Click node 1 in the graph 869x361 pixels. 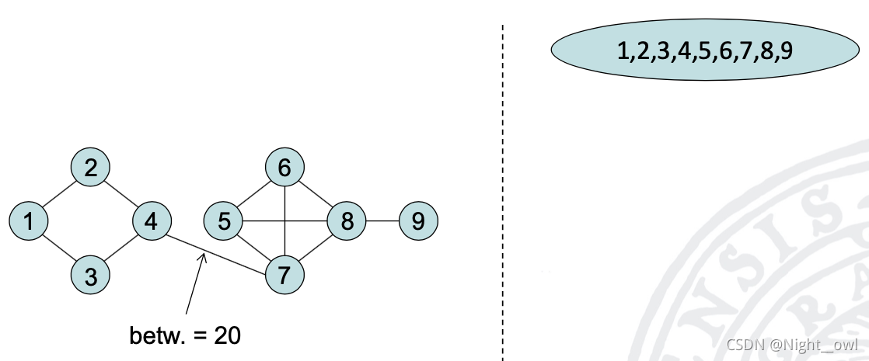pyautogui.click(x=29, y=221)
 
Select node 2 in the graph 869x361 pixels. pyautogui.click(x=90, y=167)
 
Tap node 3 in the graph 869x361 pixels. pyautogui.click(x=90, y=276)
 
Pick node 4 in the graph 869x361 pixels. pyautogui.click(x=152, y=221)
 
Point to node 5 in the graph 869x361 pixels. pyautogui.click(x=224, y=221)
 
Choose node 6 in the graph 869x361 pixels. pyautogui.click(x=284, y=167)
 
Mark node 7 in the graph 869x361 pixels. pyautogui.click(x=284, y=276)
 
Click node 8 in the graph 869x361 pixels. pyautogui.click(x=346, y=221)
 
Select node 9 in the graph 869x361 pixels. pyautogui.click(x=418, y=221)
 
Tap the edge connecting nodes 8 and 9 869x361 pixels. pyautogui.click(x=382, y=221)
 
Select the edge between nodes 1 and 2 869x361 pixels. pyautogui.click(x=59, y=194)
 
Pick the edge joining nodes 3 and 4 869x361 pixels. pyautogui.click(x=121, y=248)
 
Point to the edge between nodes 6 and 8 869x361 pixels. pyautogui.click(x=316, y=194)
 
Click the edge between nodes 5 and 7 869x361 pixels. pyautogui.click(x=254, y=248)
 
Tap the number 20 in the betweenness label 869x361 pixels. pyautogui.click(x=228, y=336)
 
